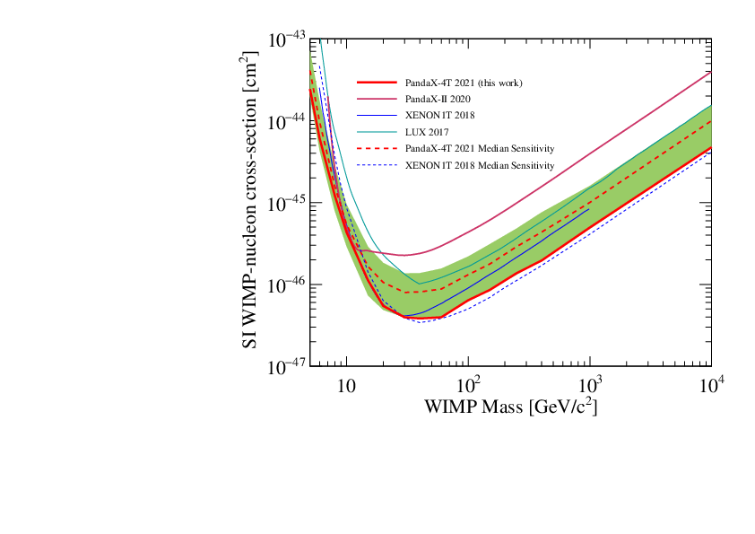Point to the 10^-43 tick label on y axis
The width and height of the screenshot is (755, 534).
click(x=287, y=40)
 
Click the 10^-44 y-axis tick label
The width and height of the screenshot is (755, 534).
click(x=287, y=121)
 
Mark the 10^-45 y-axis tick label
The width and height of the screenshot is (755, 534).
click(x=287, y=203)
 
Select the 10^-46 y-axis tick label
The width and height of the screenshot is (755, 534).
click(x=287, y=285)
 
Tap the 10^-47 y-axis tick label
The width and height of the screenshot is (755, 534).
click(x=287, y=366)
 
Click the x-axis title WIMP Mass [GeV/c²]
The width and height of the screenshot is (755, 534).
click(x=510, y=407)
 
